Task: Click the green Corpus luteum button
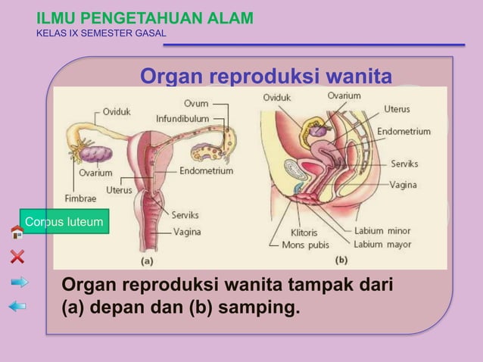coord(64,222)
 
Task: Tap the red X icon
coord(17,256)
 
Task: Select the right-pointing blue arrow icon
coord(19,282)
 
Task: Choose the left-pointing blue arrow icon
coord(17,306)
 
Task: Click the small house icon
coord(17,232)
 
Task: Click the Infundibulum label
coord(182,119)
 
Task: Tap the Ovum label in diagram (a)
coord(197,104)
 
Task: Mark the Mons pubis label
coord(305,245)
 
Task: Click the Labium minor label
coord(382,230)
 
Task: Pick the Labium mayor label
coord(382,244)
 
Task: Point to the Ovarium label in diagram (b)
coord(344,95)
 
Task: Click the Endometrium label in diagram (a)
coord(206,171)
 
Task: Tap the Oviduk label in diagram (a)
coord(117,111)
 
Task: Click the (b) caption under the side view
coord(341,260)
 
